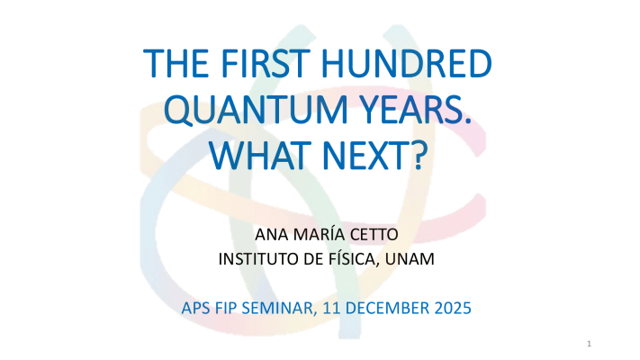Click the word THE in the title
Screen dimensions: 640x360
[176, 63]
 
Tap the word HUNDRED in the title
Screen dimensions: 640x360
[407, 63]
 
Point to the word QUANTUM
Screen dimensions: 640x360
[256, 110]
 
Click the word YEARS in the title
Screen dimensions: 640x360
[413, 109]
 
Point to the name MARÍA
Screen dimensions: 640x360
[313, 234]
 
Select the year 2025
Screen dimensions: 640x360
[453, 308]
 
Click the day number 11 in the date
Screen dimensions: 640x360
[331, 308]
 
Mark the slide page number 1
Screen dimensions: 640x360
[589, 344]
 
